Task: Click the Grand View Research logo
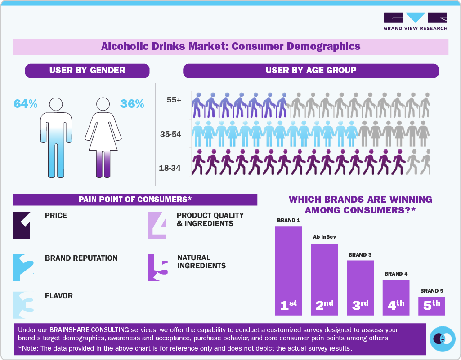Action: click(415, 22)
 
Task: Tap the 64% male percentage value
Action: click(25, 104)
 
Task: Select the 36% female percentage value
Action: click(132, 104)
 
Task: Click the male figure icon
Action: click(56, 137)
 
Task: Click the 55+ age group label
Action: click(174, 100)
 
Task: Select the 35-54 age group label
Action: click(170, 134)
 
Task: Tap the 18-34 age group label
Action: click(170, 168)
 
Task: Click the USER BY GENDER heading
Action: click(87, 71)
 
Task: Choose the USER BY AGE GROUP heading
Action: click(311, 71)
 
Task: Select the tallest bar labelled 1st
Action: click(288, 270)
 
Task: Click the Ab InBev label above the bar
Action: click(324, 237)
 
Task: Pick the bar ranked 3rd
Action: click(360, 288)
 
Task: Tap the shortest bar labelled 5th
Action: click(432, 306)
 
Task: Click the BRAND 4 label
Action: click(396, 274)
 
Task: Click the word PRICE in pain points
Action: click(56, 216)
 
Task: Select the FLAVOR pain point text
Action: click(58, 296)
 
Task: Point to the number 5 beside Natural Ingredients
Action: click(157, 268)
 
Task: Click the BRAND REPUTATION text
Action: click(81, 258)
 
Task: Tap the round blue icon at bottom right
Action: click(443, 338)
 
